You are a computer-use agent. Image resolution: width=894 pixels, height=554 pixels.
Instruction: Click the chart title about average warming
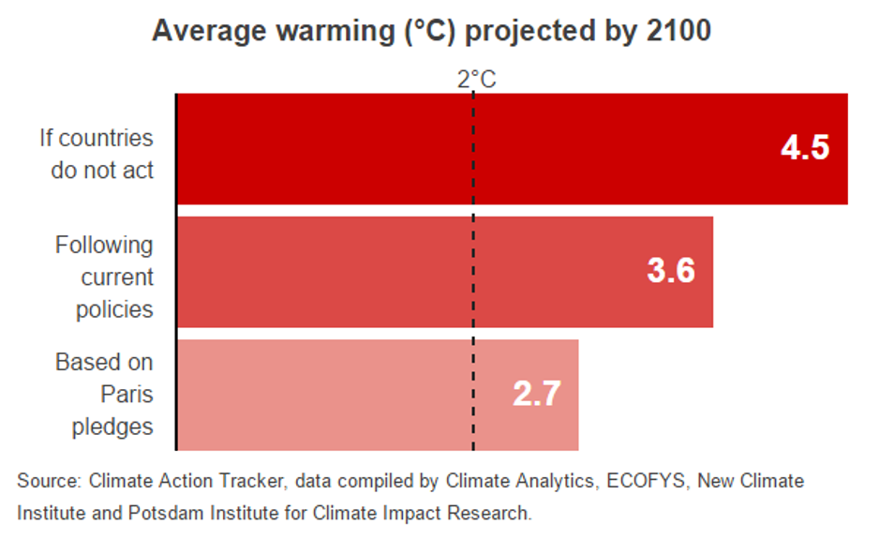click(431, 31)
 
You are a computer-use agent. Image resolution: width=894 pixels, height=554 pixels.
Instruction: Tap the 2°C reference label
click(476, 80)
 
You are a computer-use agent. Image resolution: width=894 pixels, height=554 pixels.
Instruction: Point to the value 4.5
click(805, 148)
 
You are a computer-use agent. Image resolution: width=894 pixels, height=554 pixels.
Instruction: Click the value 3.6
click(671, 271)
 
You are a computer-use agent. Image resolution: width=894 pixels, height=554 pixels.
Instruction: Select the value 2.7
click(537, 394)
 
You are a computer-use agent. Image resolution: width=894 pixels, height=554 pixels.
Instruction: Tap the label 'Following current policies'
click(104, 277)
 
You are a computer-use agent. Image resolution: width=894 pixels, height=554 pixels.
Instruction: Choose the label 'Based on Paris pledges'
click(104, 394)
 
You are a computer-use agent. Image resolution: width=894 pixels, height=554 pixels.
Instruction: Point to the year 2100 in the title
click(677, 31)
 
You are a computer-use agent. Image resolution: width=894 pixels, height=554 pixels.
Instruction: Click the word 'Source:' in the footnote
click(48, 482)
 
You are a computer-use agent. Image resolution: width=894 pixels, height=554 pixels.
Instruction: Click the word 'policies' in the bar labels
click(114, 309)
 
